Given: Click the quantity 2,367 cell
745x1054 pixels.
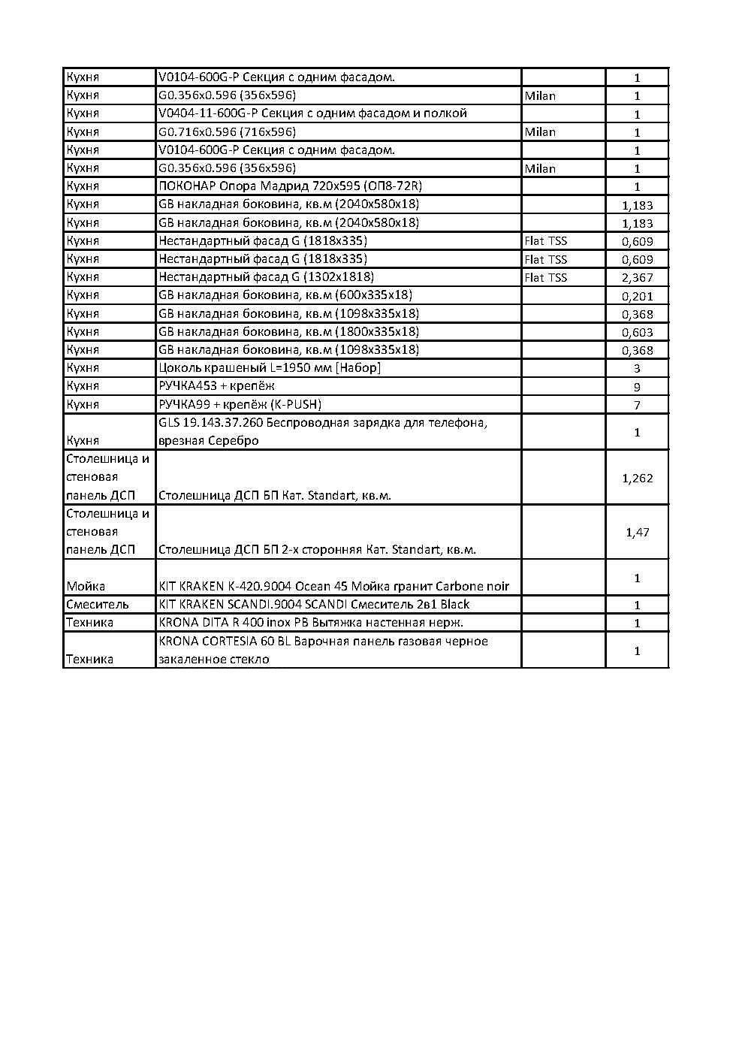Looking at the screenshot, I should pos(637,278).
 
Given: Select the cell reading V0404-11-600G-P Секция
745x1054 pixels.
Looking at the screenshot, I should pos(312,113).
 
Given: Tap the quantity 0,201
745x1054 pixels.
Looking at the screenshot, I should pos(637,296).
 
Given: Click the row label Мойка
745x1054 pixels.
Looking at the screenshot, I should pos(86,586).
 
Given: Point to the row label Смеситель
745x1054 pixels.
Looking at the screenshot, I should pos(97,604).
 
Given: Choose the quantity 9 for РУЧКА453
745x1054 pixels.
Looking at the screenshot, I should pos(637,387).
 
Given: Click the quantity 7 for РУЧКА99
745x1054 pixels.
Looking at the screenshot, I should pos(637,405).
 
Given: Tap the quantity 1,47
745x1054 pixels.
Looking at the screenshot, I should pos(637,532).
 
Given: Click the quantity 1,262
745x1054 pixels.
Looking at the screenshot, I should pos(637,478).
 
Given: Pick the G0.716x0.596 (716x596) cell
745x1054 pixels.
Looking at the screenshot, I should pos(227,131).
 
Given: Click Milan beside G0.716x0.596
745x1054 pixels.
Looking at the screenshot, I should pos(540,132).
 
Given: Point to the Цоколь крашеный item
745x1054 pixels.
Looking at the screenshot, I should pos(269,368).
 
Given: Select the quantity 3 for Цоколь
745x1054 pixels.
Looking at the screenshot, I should pos(637,368).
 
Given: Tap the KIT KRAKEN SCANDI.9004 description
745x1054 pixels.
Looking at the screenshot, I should pos(314,604).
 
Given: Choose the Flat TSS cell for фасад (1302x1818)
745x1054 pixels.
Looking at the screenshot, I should pos(546,278).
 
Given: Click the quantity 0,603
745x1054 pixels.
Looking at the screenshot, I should pos(637,332).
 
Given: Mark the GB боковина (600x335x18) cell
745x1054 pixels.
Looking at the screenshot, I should pos(285,295).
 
